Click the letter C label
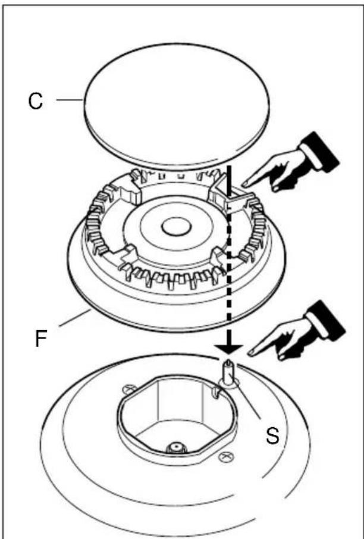[x=36, y=101]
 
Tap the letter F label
[x=41, y=339]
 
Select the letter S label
[x=272, y=435]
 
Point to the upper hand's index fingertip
[x=244, y=184]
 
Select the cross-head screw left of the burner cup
[x=128, y=389]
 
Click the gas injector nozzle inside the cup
[x=176, y=447]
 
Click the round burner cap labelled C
[x=176, y=106]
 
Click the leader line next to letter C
[x=70, y=100]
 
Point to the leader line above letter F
[x=74, y=318]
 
